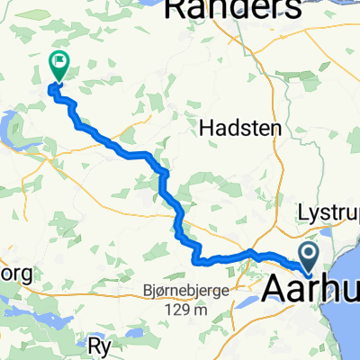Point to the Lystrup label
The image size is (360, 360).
pos(329,216)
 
